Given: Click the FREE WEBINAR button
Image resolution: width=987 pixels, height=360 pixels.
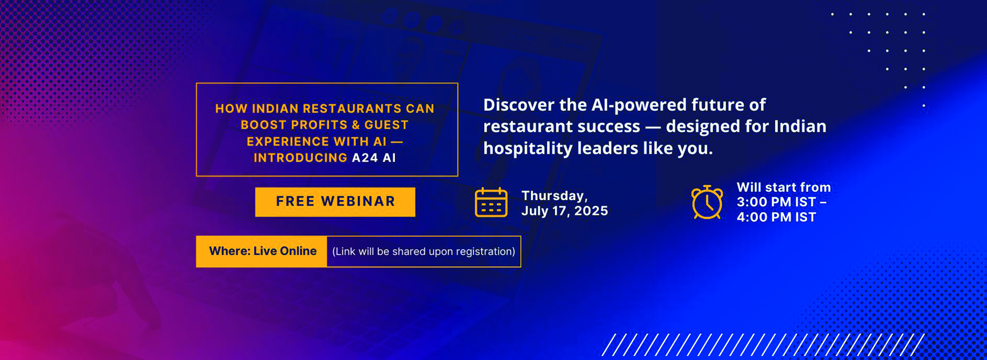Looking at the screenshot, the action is click(335, 202).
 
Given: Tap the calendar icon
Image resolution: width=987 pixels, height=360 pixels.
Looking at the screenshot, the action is click(491, 203).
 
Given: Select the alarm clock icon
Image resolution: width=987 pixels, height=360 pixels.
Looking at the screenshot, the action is click(707, 202).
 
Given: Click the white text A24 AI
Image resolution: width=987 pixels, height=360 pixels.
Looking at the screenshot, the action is click(374, 158).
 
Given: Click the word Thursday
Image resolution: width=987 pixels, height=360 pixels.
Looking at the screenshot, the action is click(554, 196).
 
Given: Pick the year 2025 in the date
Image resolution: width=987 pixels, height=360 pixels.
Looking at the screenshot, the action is click(591, 211).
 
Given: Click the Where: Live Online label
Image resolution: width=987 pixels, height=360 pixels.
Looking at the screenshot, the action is click(263, 251).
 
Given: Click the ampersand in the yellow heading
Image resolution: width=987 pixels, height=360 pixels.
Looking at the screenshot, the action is click(356, 125).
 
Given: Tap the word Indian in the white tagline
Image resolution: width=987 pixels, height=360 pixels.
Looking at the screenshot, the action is click(800, 127).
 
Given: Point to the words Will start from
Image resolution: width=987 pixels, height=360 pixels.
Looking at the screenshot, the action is click(784, 187).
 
